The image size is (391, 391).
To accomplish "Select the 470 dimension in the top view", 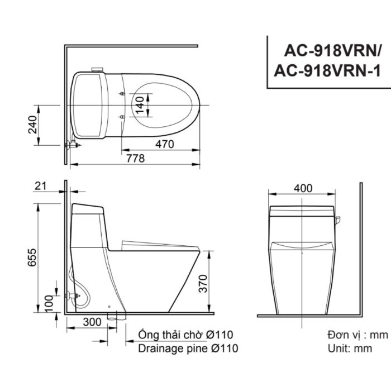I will [164, 144].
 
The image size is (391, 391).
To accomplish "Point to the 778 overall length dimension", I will [134, 159].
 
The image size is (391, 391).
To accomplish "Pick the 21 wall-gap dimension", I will [40, 186].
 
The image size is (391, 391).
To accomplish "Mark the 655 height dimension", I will [33, 259].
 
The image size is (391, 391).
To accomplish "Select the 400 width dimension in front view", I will [302, 188].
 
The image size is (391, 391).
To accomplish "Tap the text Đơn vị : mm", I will [357, 335].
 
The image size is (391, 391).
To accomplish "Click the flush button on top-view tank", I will [97, 70].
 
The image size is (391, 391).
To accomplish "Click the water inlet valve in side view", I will [71, 295].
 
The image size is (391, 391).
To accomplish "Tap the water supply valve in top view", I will [71, 145].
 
